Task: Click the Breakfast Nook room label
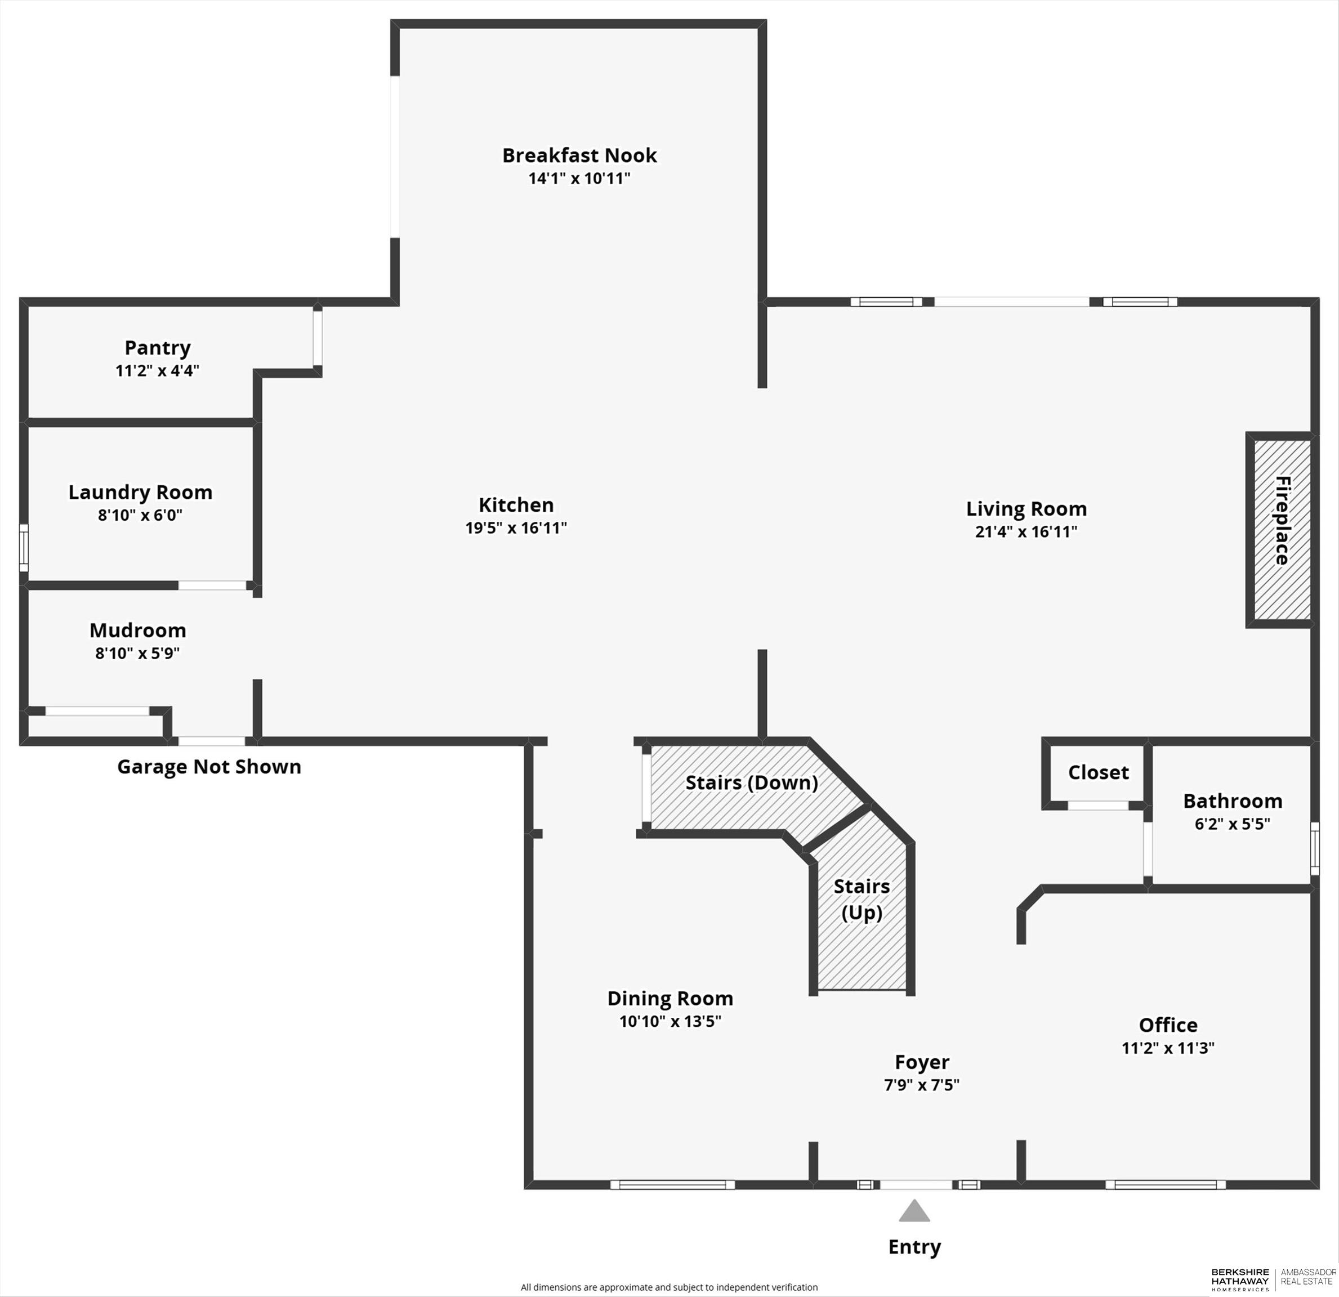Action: [x=579, y=156]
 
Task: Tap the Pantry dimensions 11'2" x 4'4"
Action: [x=157, y=371]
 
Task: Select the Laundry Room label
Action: [x=140, y=493]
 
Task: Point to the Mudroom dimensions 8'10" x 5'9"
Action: [x=137, y=654]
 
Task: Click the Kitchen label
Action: [x=516, y=506]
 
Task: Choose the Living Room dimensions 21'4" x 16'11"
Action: [x=1026, y=532]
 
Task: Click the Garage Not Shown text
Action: [x=209, y=767]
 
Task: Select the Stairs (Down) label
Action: [x=752, y=782]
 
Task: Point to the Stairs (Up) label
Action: [x=862, y=900]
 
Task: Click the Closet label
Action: [x=1098, y=772]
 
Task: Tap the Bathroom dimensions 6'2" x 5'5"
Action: [x=1233, y=824]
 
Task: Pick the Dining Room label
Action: [x=670, y=999]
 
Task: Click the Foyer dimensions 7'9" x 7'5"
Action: [x=922, y=1085]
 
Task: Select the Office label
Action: [x=1168, y=1025]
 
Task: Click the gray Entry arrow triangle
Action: [x=914, y=1211]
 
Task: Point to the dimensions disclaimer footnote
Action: [x=669, y=1287]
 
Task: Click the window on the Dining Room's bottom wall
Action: [x=672, y=1185]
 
